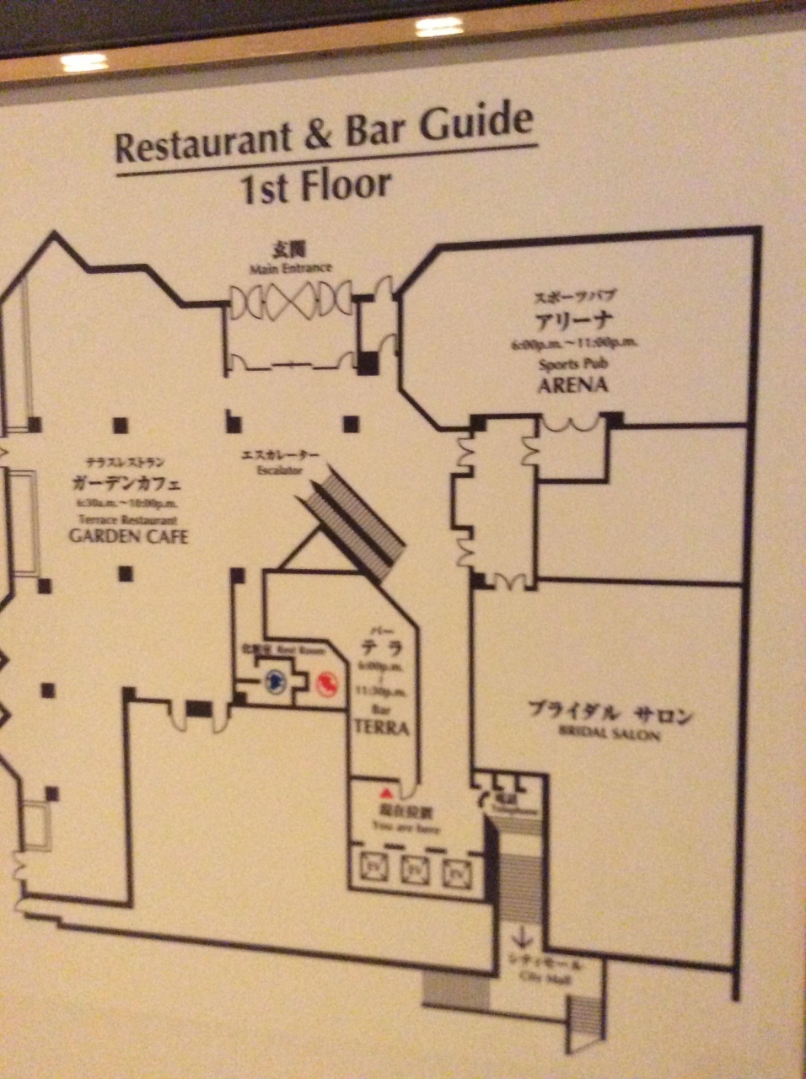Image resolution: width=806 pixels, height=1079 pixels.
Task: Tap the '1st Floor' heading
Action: pyautogui.click(x=316, y=187)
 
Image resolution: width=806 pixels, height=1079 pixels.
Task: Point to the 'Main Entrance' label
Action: pyautogui.click(x=290, y=269)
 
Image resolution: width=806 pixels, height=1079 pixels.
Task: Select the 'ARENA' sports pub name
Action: pyautogui.click(x=573, y=385)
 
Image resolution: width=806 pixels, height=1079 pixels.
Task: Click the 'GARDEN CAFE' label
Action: pyautogui.click(x=128, y=535)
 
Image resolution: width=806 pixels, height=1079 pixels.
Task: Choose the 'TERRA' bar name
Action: pyautogui.click(x=381, y=727)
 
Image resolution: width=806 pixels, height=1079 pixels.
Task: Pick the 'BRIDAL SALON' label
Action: pyautogui.click(x=610, y=733)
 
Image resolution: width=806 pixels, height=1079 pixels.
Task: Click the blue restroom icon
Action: pyautogui.click(x=274, y=681)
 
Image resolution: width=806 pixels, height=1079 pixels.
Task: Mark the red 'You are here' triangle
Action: pyautogui.click(x=386, y=794)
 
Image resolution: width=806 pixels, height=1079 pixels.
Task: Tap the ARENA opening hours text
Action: pyautogui.click(x=573, y=343)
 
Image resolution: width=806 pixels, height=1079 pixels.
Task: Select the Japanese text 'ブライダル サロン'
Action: pyautogui.click(x=610, y=713)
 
